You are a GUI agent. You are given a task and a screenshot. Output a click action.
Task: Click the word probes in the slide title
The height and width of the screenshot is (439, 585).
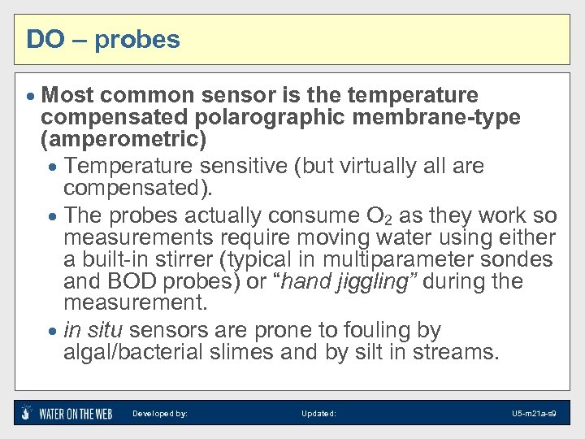click(x=137, y=40)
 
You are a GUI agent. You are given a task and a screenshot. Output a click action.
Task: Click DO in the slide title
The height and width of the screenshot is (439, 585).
click(x=41, y=39)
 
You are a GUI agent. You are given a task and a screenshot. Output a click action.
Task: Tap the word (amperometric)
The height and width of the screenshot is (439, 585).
click(x=123, y=138)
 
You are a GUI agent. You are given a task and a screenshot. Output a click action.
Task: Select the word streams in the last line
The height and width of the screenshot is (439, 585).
click(x=460, y=353)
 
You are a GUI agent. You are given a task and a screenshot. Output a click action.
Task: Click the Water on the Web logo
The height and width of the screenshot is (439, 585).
click(x=67, y=413)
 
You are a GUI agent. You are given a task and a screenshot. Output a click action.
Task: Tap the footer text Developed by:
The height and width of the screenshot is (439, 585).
click(x=160, y=414)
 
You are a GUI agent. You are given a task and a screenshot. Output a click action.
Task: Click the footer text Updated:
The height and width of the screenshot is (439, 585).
click(x=318, y=414)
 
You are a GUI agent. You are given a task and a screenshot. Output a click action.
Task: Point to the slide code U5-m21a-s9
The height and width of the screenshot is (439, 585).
click(x=534, y=414)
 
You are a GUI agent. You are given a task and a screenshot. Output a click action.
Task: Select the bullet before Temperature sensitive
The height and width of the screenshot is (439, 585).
click(x=53, y=167)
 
